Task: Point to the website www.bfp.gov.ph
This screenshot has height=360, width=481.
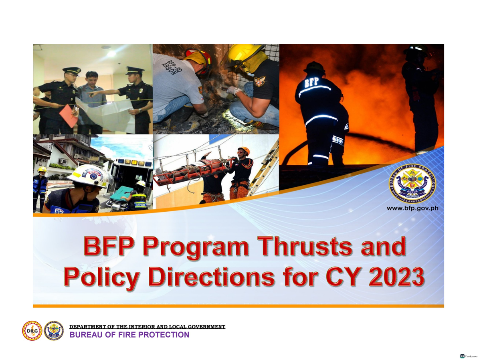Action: (x=412, y=208)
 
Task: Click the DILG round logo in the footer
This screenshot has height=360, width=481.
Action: (x=32, y=331)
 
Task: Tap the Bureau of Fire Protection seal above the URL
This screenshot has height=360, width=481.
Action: (x=412, y=184)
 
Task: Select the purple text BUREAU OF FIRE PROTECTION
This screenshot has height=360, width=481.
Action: (x=129, y=335)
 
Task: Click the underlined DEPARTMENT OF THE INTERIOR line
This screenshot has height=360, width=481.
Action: (x=148, y=327)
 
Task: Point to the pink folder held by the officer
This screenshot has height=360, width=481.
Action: (x=68, y=115)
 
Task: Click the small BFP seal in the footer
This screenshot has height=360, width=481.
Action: (x=54, y=331)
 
